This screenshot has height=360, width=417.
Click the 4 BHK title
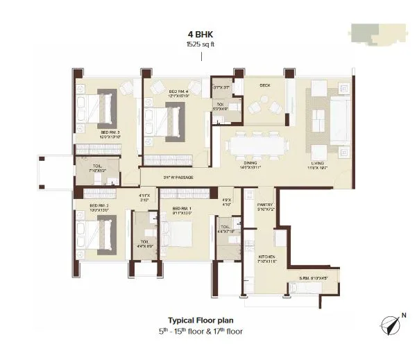(x=201, y=34)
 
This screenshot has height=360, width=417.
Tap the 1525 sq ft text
(x=201, y=44)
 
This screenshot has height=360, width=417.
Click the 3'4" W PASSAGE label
(x=177, y=178)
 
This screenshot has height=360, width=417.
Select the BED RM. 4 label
(x=179, y=92)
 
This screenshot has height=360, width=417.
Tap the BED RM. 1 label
(x=181, y=209)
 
